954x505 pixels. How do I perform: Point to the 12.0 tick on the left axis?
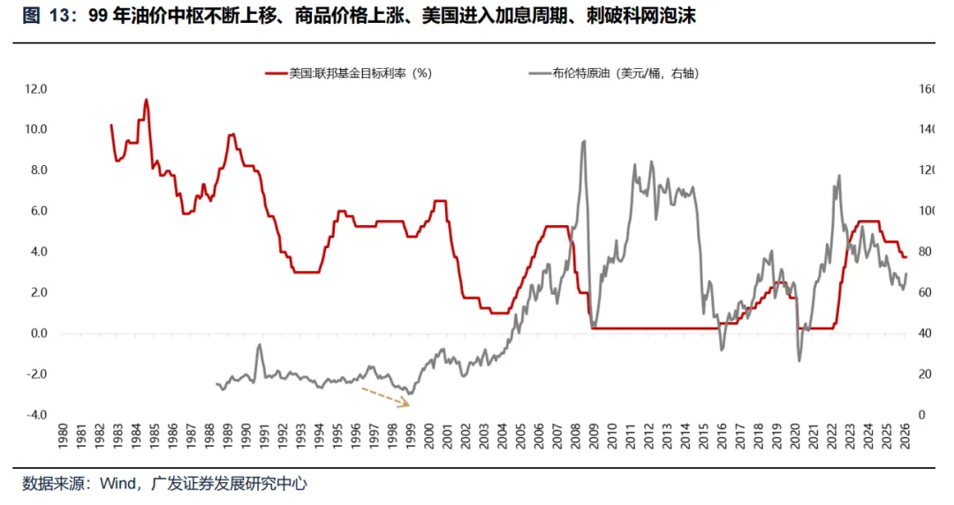coord(36,89)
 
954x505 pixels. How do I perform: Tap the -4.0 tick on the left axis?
coord(36,415)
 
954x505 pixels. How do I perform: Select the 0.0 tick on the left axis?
coord(38,334)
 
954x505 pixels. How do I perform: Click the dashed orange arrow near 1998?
coord(384,395)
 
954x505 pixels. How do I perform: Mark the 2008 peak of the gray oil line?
coord(583,142)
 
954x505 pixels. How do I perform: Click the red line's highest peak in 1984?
coord(146,100)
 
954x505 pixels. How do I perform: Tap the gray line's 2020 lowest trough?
coord(799,360)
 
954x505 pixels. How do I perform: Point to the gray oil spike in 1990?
coord(260,345)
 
